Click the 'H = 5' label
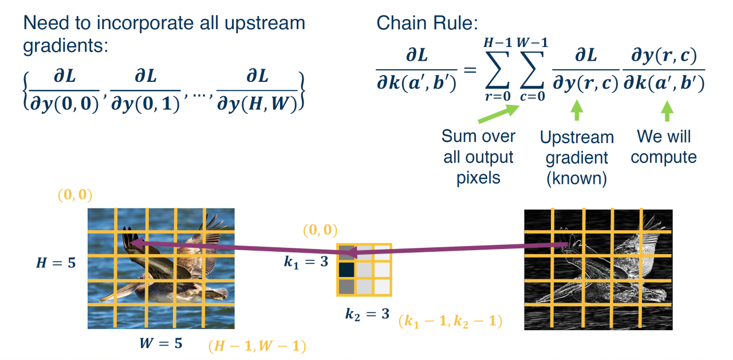click(56, 263)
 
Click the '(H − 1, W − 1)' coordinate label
click(257, 346)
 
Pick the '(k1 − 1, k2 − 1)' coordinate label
click(451, 321)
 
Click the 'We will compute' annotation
click(664, 147)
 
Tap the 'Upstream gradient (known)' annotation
click(576, 157)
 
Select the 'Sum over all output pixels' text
click(479, 157)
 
